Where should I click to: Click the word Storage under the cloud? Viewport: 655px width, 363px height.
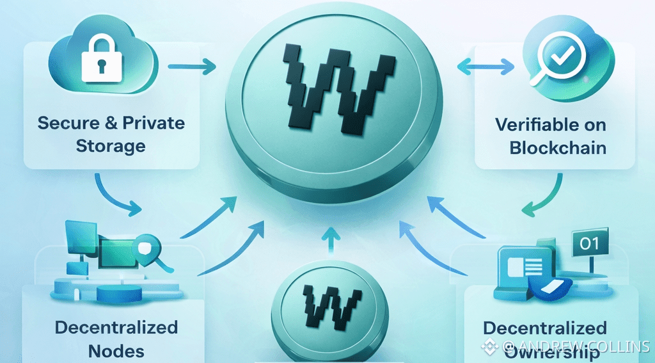pyautogui.click(x=111, y=146)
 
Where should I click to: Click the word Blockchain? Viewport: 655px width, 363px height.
pyautogui.click(x=558, y=147)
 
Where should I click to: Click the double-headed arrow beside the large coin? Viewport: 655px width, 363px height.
pyautogui.click(x=487, y=65)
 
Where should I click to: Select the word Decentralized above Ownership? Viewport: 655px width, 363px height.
pyautogui.click(x=544, y=328)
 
